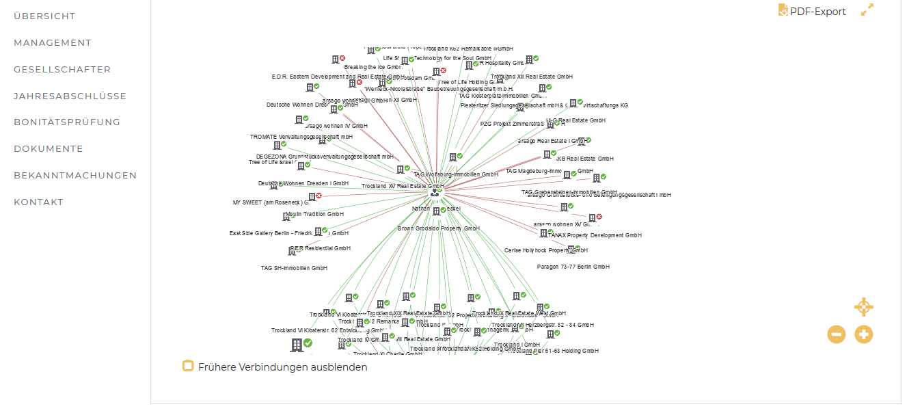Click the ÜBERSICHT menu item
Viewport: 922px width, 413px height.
(44, 16)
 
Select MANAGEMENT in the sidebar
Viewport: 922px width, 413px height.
(53, 43)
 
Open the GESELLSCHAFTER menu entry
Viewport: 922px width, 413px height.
(62, 70)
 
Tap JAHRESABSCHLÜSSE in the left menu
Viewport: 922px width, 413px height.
(70, 96)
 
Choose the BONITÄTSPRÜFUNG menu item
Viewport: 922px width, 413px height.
(67, 122)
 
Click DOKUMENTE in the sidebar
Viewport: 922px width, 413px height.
(49, 149)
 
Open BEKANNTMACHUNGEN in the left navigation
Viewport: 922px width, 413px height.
(75, 176)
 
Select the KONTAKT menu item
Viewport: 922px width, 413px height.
(39, 202)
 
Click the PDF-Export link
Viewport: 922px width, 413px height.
(817, 12)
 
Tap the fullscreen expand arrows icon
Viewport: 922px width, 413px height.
(867, 10)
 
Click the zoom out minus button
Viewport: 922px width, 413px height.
(837, 334)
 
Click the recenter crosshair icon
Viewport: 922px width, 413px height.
(864, 307)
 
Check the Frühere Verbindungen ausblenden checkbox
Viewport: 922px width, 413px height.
(188, 366)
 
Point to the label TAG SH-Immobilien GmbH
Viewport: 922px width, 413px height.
(294, 268)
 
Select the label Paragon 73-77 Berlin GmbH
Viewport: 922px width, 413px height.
(573, 267)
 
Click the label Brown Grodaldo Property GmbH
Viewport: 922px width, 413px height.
(438, 228)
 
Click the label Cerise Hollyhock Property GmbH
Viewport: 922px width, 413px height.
(545, 251)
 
